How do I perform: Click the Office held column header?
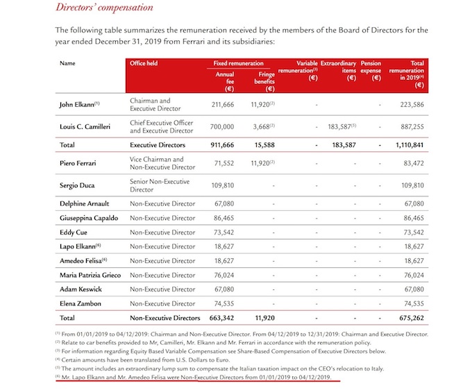tap(147, 63)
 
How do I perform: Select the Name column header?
tap(67, 63)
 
